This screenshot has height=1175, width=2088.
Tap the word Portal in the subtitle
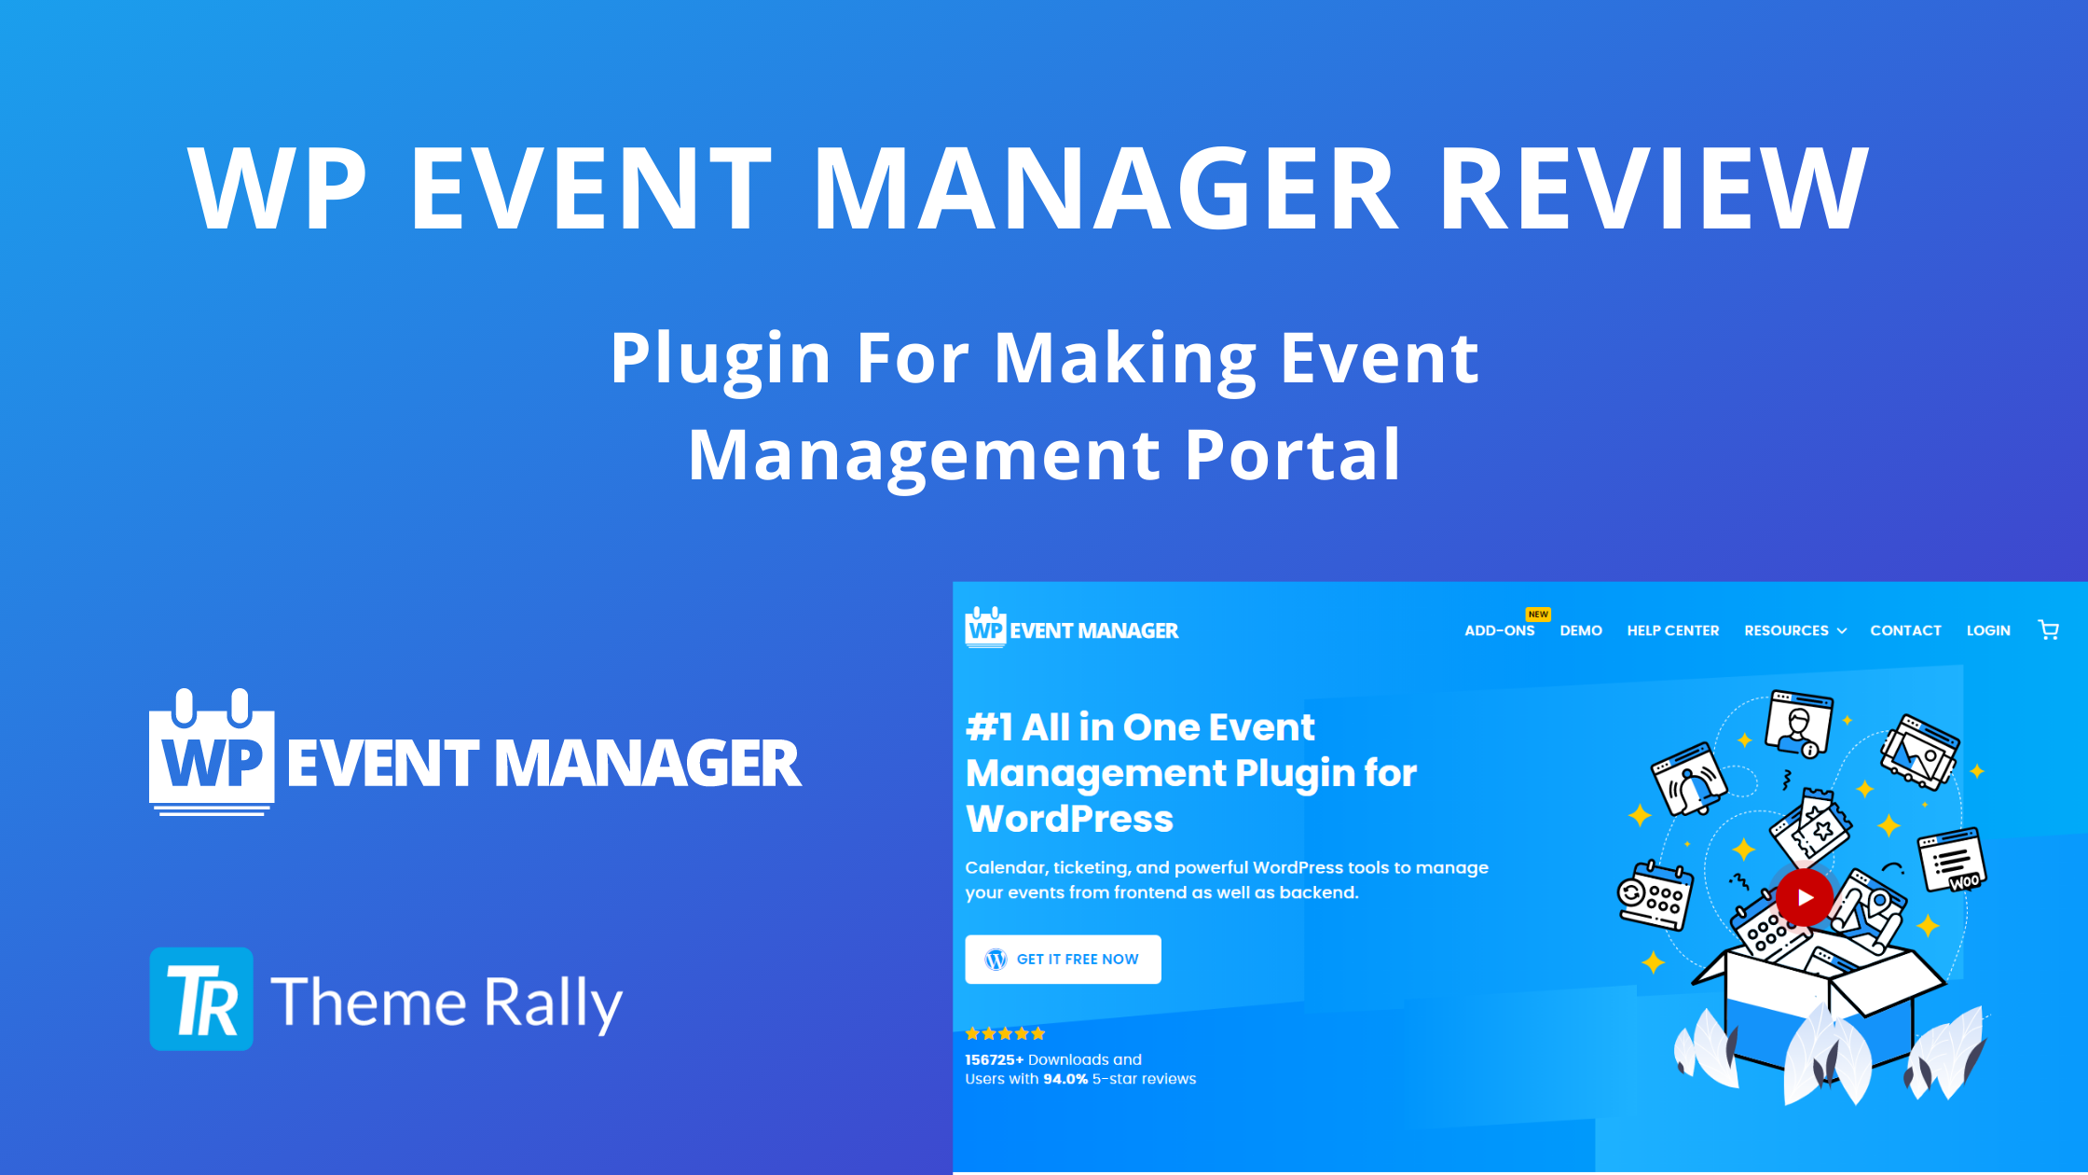pyautogui.click(x=1293, y=455)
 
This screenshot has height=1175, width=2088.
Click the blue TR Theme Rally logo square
pyautogui.click(x=201, y=999)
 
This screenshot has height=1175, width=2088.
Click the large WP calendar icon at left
pyautogui.click(x=212, y=752)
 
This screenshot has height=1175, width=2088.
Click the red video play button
pyautogui.click(x=1805, y=897)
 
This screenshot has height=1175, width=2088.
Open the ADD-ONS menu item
pyautogui.click(x=1499, y=630)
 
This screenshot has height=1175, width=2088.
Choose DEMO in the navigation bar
pyautogui.click(x=1581, y=630)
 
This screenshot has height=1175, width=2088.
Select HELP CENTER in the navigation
pyautogui.click(x=1673, y=630)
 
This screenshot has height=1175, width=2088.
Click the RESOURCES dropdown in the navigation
pyautogui.click(x=1795, y=630)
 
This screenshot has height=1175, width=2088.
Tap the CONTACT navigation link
pyautogui.click(x=1905, y=630)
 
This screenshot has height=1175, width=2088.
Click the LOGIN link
pyautogui.click(x=1988, y=630)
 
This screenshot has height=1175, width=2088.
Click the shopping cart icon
pyautogui.click(x=2049, y=630)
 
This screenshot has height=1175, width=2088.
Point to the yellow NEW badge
pyautogui.click(x=1538, y=615)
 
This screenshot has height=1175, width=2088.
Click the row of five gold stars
pyautogui.click(x=1005, y=1033)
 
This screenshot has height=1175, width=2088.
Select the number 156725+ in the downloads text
pyautogui.click(x=994, y=1059)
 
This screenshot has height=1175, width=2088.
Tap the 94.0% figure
pyautogui.click(x=1065, y=1079)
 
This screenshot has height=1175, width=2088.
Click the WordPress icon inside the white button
pyautogui.click(x=996, y=960)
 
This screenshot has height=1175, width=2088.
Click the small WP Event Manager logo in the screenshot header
pyautogui.click(x=1072, y=628)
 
